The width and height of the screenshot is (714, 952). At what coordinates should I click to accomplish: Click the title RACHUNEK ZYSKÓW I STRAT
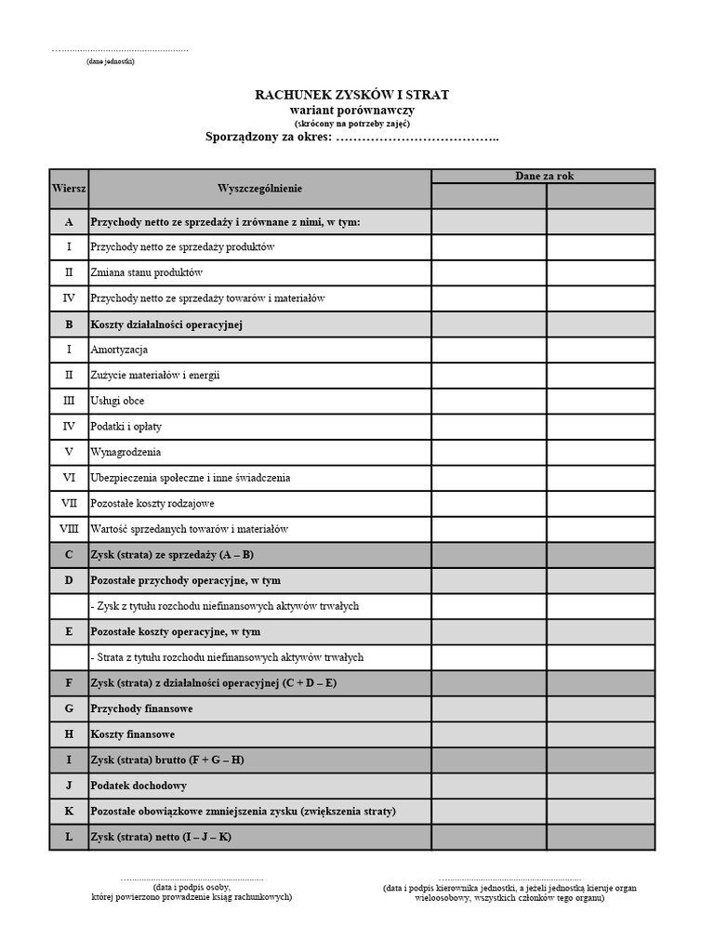click(352, 95)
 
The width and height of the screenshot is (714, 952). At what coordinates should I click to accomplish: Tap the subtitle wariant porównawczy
click(352, 110)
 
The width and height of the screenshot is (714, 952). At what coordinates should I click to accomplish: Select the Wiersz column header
click(68, 189)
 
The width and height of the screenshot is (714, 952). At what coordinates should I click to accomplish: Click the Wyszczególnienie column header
click(259, 189)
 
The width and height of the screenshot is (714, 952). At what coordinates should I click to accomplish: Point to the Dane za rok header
click(543, 176)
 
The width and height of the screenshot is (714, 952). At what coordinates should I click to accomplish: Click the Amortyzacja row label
click(119, 350)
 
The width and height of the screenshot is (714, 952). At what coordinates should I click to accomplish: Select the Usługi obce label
click(117, 401)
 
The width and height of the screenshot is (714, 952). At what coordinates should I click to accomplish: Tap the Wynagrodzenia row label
click(126, 452)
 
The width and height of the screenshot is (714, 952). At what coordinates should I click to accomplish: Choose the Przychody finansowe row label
click(141, 708)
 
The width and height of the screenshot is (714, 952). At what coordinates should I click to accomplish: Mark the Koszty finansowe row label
click(132, 734)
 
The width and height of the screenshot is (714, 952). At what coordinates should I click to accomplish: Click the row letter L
click(68, 837)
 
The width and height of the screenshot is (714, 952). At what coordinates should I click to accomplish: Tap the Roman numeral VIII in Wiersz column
click(68, 529)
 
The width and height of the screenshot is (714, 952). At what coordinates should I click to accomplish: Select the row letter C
click(68, 555)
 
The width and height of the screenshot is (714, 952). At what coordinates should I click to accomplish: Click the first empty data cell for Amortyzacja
click(488, 350)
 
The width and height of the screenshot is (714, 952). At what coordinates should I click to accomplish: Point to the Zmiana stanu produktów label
click(146, 273)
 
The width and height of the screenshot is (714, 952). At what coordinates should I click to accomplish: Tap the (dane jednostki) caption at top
click(110, 61)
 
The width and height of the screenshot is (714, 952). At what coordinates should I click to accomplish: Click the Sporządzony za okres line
click(352, 138)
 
